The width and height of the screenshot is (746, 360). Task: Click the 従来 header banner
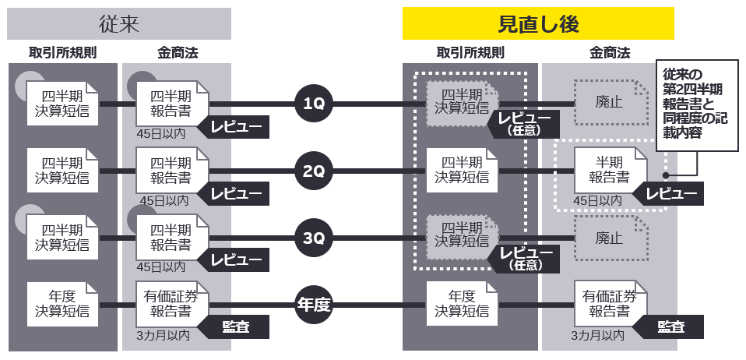click(119, 23)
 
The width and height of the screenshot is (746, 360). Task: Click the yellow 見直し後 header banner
click(538, 23)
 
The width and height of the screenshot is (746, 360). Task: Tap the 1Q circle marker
click(314, 104)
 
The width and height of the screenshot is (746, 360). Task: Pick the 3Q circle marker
click(314, 237)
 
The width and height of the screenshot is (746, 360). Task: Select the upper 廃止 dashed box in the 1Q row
click(611, 101)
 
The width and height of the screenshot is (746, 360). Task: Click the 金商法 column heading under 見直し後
click(610, 54)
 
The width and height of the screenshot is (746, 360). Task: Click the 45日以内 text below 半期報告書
click(598, 201)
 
